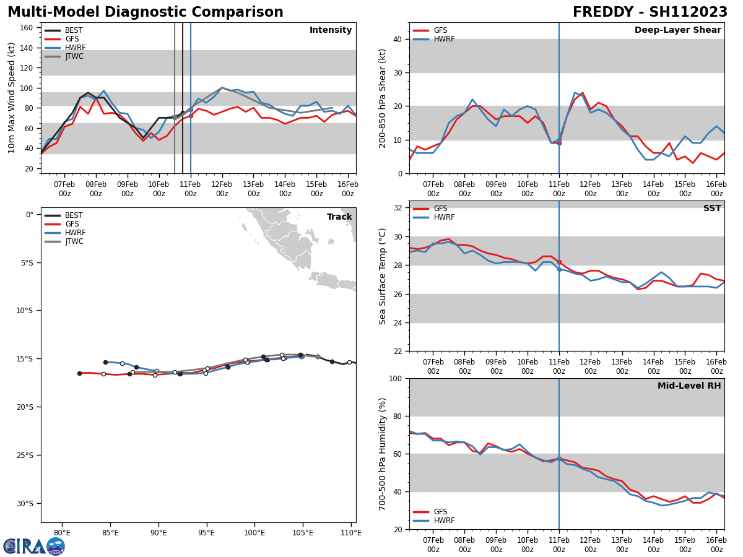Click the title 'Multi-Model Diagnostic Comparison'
point(146,12)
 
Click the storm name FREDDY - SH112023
point(650,12)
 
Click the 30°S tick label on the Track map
point(25,503)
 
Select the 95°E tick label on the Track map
point(206,533)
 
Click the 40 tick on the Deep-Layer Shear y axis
point(397,39)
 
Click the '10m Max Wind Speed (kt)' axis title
point(11,98)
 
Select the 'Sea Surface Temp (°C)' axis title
point(383,276)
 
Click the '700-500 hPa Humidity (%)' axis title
point(383,454)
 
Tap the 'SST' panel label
point(711,209)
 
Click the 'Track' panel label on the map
point(339,217)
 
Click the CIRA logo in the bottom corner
point(33,546)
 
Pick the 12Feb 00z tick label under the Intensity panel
point(222,189)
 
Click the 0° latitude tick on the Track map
point(29,215)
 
